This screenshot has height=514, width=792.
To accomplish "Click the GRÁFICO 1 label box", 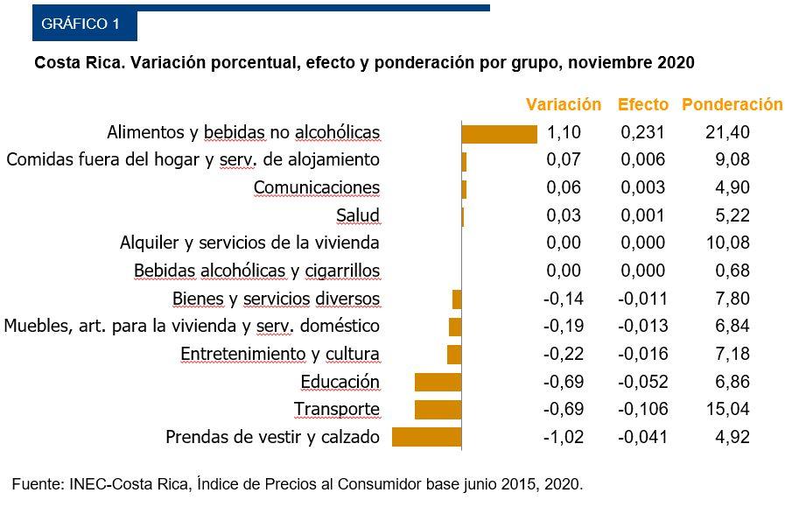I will click(x=84, y=25).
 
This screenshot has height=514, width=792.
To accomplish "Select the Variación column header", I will click(x=563, y=104).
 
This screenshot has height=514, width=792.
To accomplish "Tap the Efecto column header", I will click(x=642, y=104).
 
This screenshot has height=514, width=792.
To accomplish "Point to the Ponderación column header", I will click(x=732, y=104).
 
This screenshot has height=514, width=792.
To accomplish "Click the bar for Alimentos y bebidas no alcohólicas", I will click(x=499, y=133).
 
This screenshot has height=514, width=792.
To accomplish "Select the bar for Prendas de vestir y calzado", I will click(x=426, y=437).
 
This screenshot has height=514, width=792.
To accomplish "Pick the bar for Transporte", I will click(x=438, y=409).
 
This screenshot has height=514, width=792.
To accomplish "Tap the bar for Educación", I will click(x=438, y=382).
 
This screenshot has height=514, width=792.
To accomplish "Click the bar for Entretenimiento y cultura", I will click(x=453, y=354).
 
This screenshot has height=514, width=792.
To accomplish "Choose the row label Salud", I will click(x=358, y=215).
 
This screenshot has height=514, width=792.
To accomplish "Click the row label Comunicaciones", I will click(x=317, y=187).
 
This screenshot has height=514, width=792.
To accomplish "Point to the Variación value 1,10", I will click(x=564, y=133).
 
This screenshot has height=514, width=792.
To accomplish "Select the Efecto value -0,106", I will click(x=642, y=409).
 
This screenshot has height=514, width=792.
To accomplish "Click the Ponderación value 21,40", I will click(x=727, y=133).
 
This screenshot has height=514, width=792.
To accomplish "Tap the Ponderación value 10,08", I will click(x=727, y=243).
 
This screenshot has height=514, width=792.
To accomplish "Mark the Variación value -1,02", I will click(x=563, y=437).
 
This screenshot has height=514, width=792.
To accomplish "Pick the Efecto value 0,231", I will click(x=642, y=133).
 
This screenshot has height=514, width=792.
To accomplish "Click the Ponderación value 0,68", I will click(x=732, y=271).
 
